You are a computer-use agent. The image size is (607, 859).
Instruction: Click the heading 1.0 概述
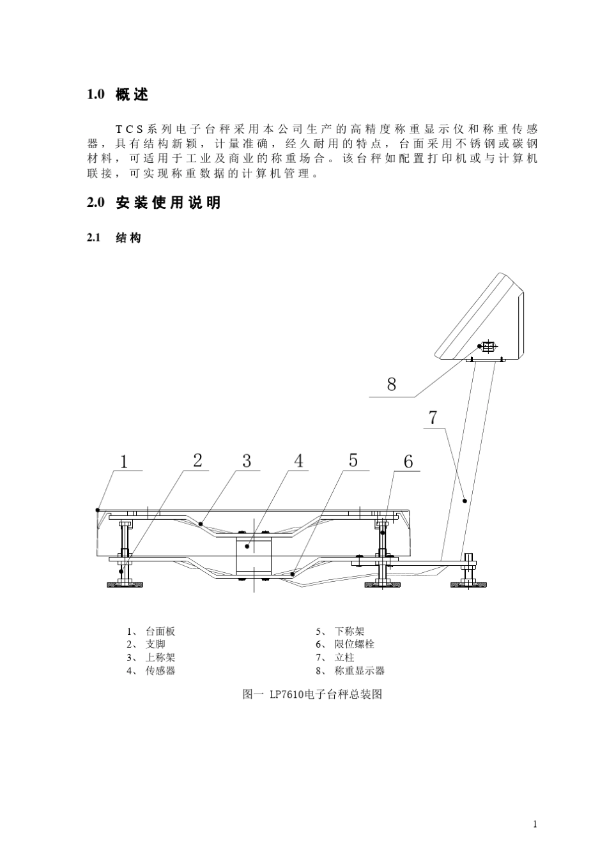coord(118,95)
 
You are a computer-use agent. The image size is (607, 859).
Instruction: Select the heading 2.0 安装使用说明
coord(153,202)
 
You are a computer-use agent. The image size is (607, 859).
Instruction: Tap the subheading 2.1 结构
coord(114,238)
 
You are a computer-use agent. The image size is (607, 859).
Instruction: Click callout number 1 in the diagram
coord(124,462)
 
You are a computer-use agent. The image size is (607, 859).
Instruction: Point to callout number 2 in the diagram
coord(197,460)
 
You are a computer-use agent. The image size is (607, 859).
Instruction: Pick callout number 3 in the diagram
coord(247,460)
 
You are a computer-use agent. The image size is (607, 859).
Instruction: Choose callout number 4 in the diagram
coord(299,460)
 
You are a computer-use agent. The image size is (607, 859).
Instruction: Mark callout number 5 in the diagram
coord(353,460)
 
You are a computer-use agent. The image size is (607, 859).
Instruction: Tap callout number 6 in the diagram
coord(408,461)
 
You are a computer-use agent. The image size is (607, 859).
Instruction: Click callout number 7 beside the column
coord(433,418)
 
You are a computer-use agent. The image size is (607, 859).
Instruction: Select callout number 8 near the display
coord(392,384)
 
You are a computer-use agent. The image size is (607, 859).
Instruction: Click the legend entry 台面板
coord(160,631)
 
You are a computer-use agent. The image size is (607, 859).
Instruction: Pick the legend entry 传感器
coord(160,671)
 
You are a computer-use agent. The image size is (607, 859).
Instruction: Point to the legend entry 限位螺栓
coord(354,644)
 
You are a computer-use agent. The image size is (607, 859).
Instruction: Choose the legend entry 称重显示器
coord(359,671)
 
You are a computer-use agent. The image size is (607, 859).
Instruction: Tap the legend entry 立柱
coord(344,657)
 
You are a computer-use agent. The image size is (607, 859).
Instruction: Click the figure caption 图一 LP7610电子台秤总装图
coord(312,694)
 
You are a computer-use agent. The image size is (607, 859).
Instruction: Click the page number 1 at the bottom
coord(535,824)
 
